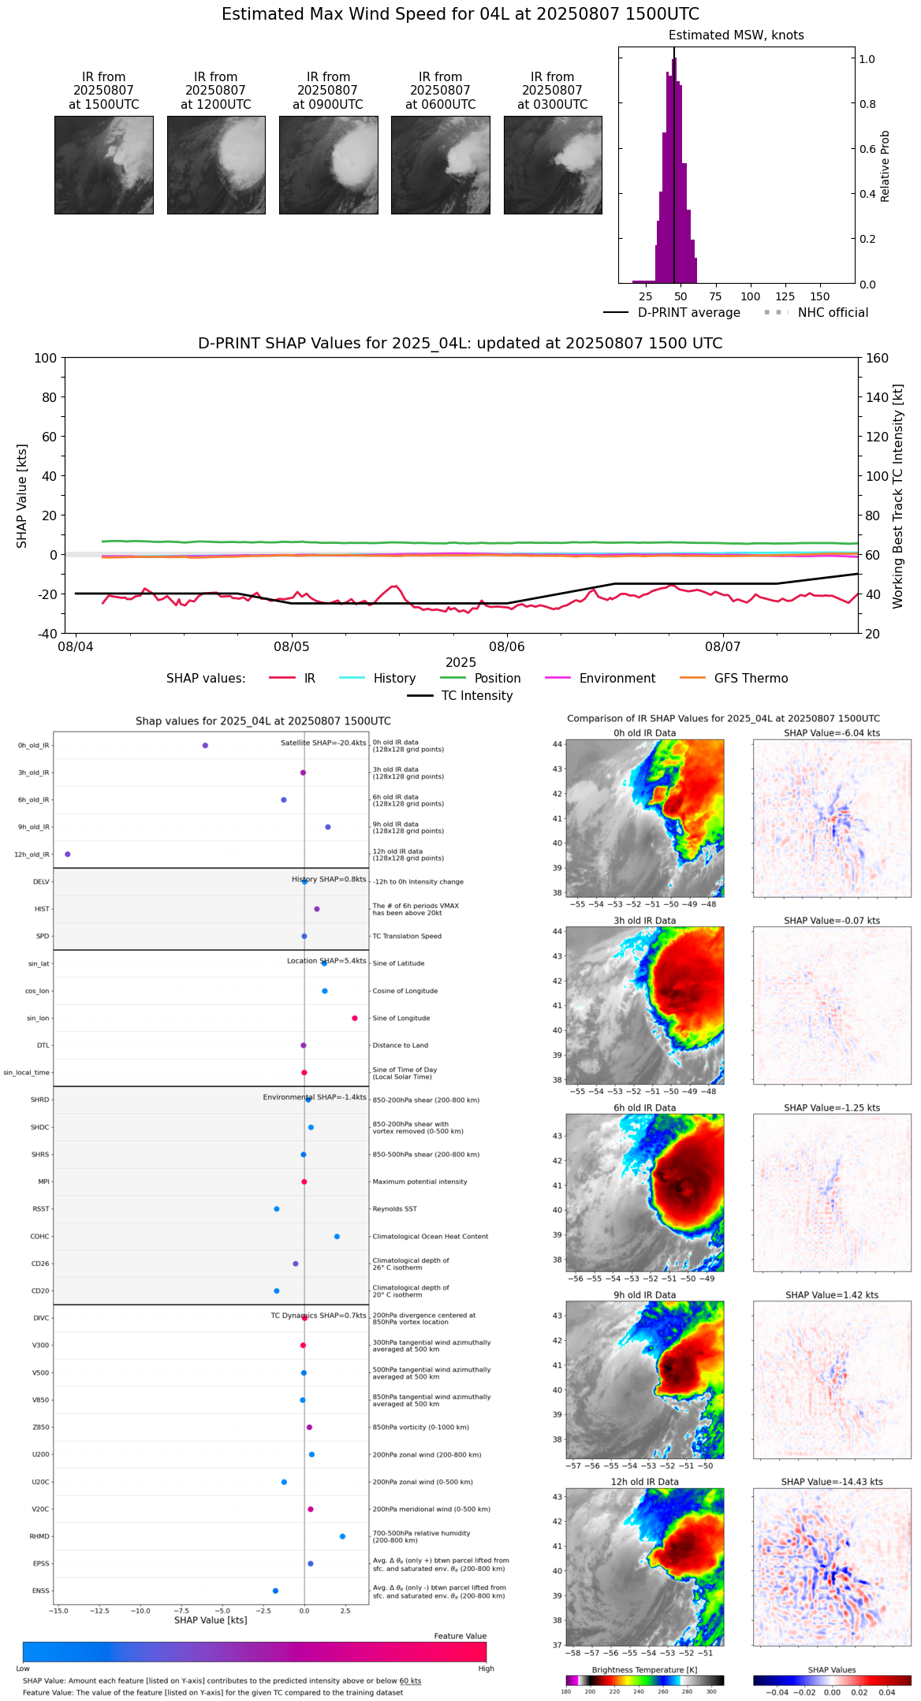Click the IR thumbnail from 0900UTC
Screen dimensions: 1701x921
(328, 165)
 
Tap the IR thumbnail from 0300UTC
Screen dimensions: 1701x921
(553, 165)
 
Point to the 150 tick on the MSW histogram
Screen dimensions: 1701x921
(820, 296)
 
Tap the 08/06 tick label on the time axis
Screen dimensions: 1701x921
(507, 647)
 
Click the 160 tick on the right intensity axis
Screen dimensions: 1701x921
(877, 358)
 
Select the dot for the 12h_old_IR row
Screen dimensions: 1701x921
(68, 854)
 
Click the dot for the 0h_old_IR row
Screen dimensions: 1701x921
(205, 746)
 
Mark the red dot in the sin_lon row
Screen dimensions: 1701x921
(355, 1018)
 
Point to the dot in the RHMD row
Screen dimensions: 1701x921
(342, 1536)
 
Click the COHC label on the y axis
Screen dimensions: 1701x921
(39, 1237)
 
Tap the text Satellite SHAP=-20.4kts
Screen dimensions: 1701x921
(323, 743)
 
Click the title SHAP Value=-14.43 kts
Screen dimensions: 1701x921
(832, 1482)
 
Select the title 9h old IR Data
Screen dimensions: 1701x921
(644, 1295)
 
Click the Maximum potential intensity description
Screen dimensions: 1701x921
(419, 1182)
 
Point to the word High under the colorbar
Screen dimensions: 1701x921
(486, 1669)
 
